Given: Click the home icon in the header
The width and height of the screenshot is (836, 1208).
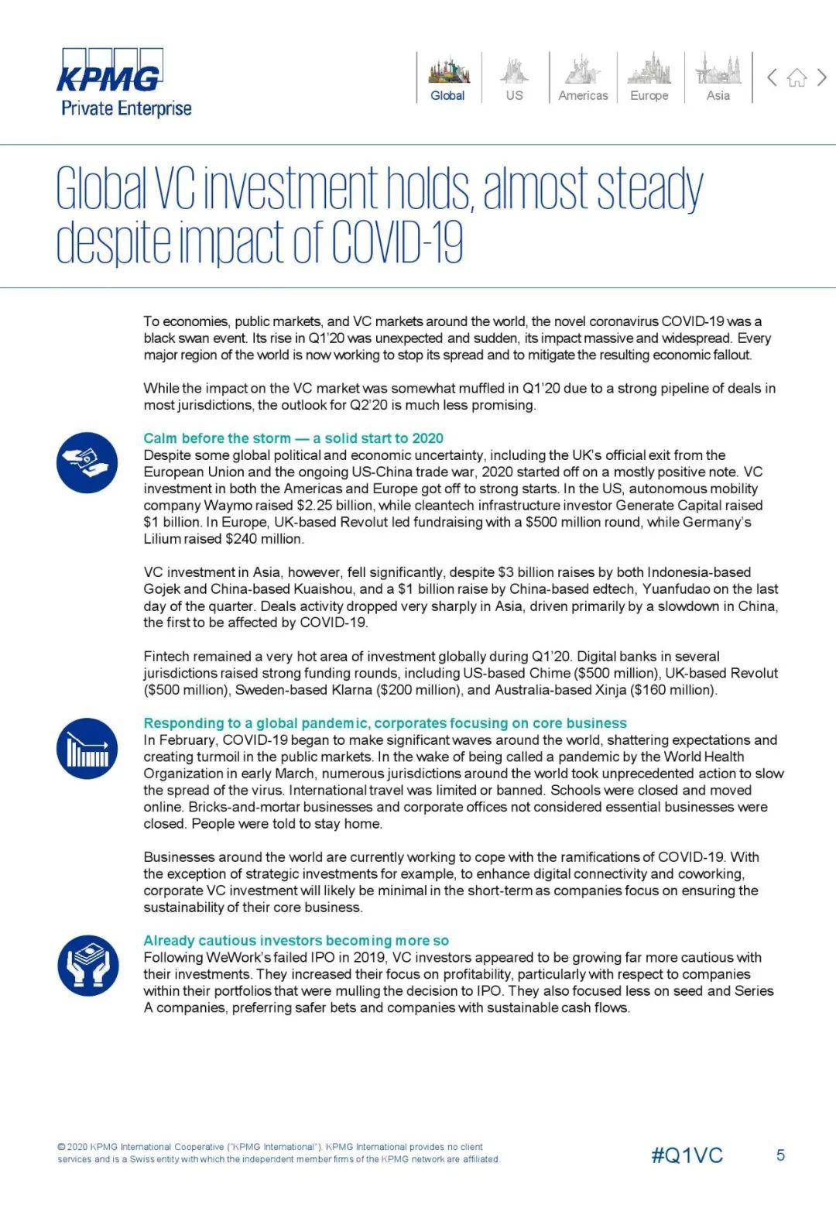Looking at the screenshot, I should point(797,77).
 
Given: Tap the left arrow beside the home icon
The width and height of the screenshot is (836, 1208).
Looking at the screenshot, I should point(772,77).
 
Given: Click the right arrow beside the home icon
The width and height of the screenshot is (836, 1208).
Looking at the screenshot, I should point(822,77).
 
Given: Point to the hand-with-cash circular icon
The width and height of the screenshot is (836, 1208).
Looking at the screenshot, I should point(87,462).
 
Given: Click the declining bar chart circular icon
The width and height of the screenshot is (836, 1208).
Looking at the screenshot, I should point(87,748).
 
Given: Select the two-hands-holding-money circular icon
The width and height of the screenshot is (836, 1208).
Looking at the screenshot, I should point(87,965).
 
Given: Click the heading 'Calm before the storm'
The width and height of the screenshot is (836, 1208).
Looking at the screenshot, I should point(293,438).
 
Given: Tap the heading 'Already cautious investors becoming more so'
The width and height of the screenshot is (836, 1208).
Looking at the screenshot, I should point(296,940).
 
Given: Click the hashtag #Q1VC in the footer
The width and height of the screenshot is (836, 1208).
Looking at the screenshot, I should point(687,1155).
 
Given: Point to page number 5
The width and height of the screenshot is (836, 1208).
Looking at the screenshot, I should point(780,1155).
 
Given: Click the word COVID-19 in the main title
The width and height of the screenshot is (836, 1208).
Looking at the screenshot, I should point(396,242).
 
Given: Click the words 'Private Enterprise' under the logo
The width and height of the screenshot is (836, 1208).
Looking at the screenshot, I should point(126,108).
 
